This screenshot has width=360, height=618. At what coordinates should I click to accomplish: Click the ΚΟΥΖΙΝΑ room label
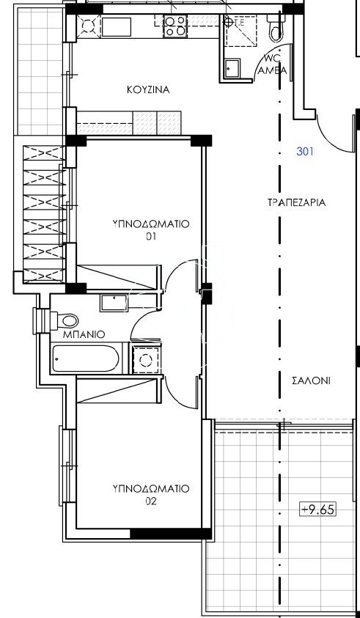(148, 90)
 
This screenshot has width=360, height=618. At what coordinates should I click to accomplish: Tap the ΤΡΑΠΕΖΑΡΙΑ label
(296, 202)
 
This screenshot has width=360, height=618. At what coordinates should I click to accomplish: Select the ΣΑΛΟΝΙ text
(311, 380)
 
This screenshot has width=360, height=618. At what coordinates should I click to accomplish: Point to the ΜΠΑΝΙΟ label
(84, 334)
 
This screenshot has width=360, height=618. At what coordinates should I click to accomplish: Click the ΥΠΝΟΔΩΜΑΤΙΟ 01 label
(151, 229)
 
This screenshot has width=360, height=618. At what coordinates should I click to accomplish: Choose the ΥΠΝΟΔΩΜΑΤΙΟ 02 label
(151, 495)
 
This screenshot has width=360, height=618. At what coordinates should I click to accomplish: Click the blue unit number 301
(305, 151)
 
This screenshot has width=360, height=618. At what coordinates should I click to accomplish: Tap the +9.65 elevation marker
(317, 510)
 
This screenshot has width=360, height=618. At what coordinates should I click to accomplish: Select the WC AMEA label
(274, 65)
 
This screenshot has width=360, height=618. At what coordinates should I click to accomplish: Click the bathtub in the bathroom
(86, 358)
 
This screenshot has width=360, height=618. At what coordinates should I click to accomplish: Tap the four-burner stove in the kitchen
(175, 26)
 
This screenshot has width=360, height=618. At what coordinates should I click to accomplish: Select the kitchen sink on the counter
(117, 26)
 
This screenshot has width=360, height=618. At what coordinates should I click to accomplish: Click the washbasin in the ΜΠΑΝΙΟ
(113, 303)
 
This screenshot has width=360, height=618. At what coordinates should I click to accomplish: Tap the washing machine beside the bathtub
(146, 358)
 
